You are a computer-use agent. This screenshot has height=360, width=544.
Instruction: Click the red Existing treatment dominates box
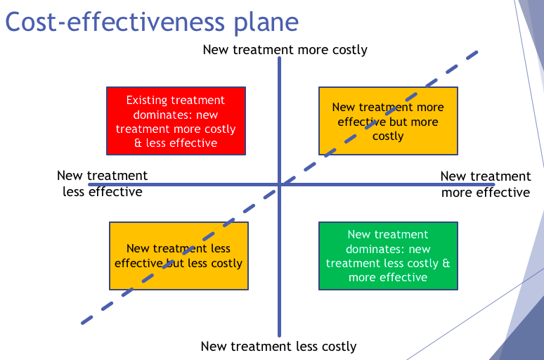[176, 121]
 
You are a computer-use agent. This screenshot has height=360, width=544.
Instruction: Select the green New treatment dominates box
[388, 256]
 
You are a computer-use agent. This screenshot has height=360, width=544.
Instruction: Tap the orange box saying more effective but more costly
[388, 121]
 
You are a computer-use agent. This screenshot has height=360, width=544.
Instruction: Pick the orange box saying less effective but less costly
[179, 256]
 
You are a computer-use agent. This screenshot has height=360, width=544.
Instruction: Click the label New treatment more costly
[285, 49]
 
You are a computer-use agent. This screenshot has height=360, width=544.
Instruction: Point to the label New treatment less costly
[278, 346]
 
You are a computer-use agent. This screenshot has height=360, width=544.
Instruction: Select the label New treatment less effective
[102, 184]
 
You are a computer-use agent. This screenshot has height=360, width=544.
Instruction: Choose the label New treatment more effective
[486, 184]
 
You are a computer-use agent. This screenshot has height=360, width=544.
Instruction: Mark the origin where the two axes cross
[280, 184]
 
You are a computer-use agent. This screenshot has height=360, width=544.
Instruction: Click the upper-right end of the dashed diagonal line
[477, 52]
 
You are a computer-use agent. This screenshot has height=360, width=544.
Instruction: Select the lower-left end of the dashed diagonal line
[83, 323]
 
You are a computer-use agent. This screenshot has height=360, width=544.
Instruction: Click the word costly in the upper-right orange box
[388, 136]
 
